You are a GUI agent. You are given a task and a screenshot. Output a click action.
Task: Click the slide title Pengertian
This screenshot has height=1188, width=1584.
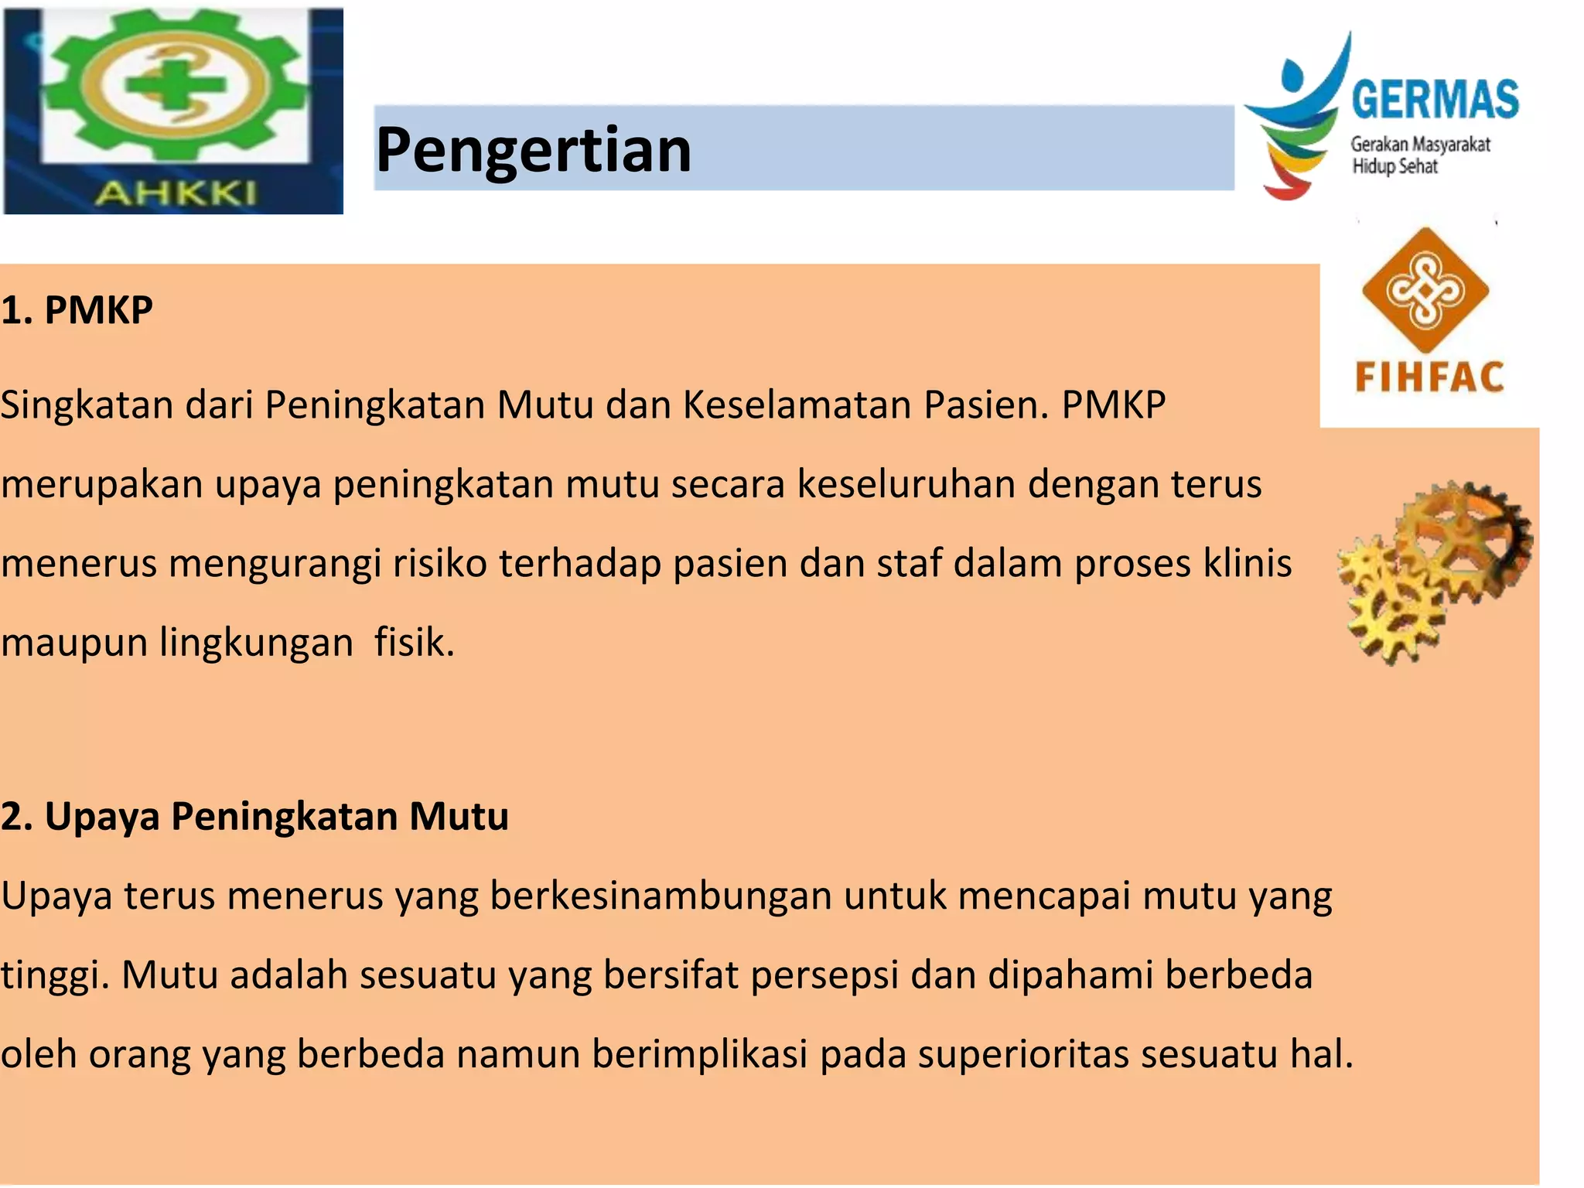[533, 150]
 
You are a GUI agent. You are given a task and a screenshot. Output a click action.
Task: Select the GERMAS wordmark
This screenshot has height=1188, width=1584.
[1435, 100]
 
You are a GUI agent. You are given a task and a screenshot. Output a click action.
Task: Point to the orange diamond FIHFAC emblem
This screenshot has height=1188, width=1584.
[1425, 289]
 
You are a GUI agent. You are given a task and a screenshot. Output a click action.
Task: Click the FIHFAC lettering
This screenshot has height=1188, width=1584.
[1429, 377]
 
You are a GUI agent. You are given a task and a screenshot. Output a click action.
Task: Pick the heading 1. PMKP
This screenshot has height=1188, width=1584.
[77, 310]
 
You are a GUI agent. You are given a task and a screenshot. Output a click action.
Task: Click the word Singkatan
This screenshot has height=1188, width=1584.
[87, 405]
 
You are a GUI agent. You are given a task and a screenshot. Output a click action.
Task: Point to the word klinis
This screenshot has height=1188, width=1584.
[1247, 563]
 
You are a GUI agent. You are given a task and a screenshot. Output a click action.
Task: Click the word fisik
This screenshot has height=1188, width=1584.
[415, 643]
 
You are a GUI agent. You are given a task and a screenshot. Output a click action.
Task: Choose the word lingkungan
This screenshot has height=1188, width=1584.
[256, 643]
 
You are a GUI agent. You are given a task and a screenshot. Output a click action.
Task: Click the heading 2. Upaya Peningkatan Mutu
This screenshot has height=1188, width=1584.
[254, 816]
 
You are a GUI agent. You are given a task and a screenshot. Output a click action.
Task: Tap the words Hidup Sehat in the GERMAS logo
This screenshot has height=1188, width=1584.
[1394, 166]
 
